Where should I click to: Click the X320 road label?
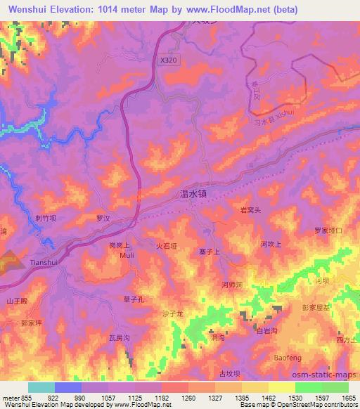coord(169,61)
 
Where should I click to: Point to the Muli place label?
coord(127,256)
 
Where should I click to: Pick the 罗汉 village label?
coord(105,219)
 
